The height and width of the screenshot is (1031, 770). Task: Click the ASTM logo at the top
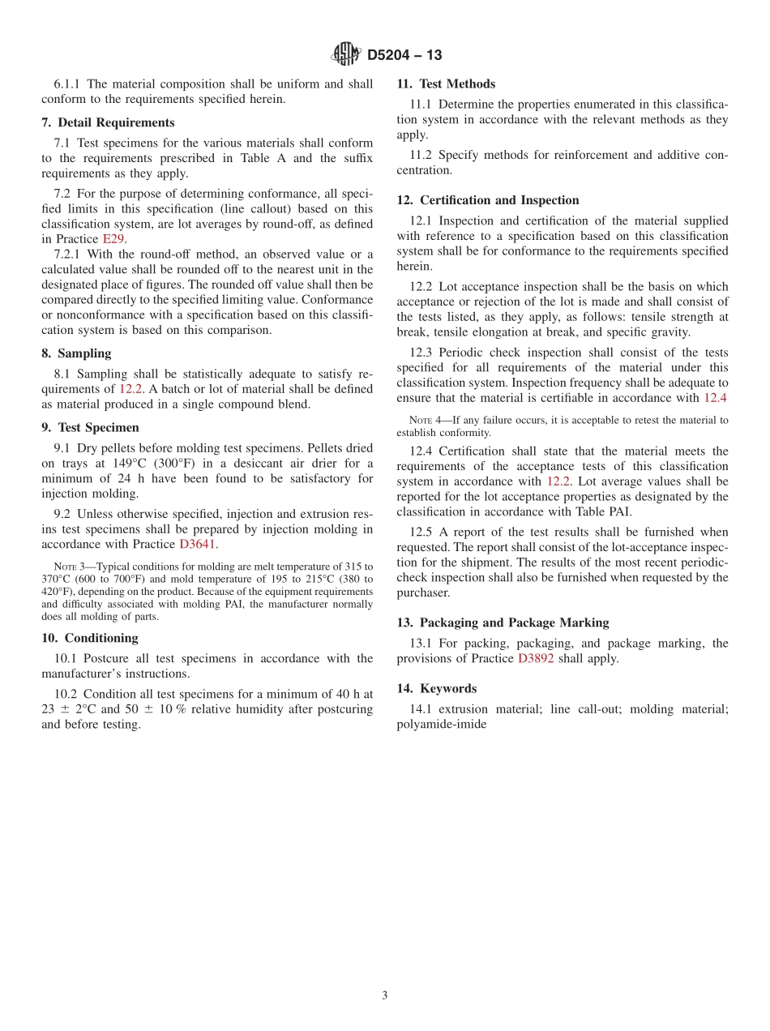[x=346, y=55]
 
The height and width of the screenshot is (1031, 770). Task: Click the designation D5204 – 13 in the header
[x=404, y=56]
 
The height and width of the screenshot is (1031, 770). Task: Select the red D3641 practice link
[x=198, y=545]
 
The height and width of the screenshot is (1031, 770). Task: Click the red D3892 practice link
[x=536, y=658]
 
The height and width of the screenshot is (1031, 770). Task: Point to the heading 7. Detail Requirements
[x=108, y=123]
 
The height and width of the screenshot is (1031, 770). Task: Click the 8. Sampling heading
[x=76, y=353]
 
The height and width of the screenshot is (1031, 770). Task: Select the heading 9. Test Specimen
[x=90, y=427]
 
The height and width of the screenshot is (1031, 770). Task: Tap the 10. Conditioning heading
[x=90, y=638]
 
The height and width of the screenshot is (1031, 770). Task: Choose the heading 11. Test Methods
[x=446, y=83]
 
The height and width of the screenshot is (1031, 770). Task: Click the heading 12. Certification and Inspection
[x=488, y=200]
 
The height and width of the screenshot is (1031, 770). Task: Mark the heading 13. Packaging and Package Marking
[x=503, y=622]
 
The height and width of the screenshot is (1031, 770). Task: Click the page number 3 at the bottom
[x=385, y=995]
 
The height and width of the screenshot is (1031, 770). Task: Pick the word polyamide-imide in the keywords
[x=442, y=724]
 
